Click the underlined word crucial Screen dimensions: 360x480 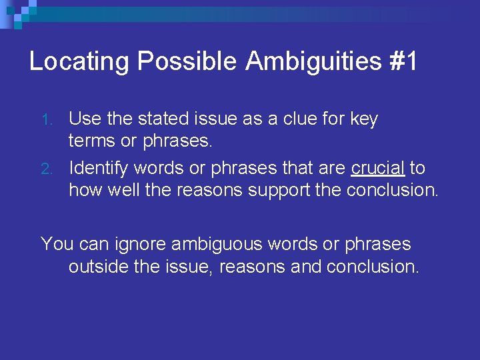[378, 167]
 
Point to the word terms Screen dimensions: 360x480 [91, 142]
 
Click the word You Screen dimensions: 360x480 [57, 244]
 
